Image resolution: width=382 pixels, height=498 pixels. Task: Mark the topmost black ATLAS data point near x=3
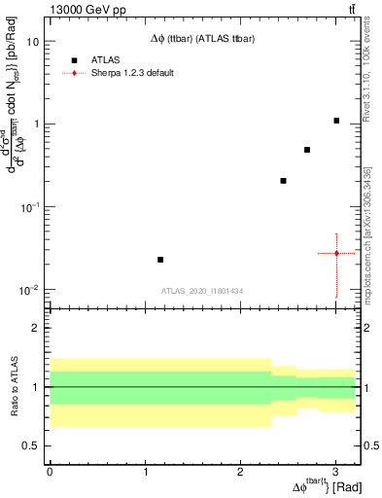(x=336, y=121)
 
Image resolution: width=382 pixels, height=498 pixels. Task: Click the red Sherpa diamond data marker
(x=336, y=253)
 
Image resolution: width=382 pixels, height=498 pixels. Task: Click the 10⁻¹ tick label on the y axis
(x=29, y=208)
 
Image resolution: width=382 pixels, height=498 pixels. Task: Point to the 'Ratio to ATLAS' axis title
(x=13, y=386)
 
